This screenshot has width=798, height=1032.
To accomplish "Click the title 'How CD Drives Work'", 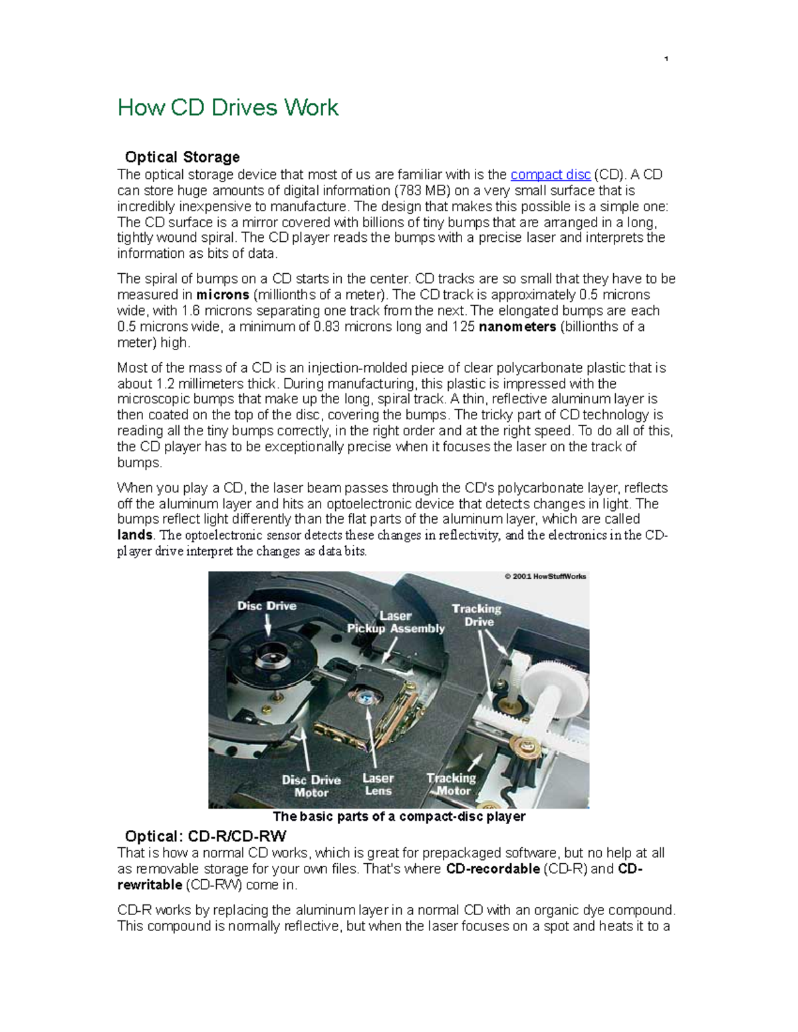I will click(x=227, y=108).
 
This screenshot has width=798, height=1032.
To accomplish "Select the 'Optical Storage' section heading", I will click(x=182, y=157).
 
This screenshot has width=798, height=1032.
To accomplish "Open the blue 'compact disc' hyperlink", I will click(x=550, y=175).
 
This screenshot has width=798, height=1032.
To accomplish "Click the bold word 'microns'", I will click(x=223, y=295).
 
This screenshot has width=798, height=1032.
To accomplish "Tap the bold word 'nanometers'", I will click(x=517, y=327).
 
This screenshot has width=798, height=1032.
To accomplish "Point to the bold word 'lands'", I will click(x=135, y=535).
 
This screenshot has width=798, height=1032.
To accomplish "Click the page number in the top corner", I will click(x=666, y=60).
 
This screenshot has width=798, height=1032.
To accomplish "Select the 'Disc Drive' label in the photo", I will click(x=267, y=606).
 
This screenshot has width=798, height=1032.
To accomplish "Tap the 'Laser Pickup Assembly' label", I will click(x=396, y=623).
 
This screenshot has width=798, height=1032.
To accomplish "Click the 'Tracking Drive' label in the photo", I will click(x=477, y=615).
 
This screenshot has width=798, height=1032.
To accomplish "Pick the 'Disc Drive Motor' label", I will click(x=311, y=786).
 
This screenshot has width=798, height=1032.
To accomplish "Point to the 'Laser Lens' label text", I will click(x=378, y=785).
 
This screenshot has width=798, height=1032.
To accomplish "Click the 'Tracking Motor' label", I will click(x=452, y=784).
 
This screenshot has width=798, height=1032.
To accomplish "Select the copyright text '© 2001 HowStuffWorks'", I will click(x=545, y=577).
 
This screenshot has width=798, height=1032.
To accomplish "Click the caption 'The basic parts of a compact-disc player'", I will click(x=399, y=817).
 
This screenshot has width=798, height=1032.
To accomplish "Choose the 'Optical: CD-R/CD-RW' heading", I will click(x=205, y=836).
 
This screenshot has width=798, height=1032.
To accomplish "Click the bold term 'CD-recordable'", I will click(x=493, y=869).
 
